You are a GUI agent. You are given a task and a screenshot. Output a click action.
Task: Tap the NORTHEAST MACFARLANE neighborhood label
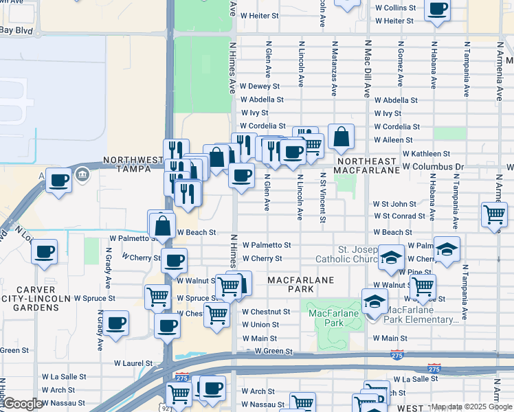tap(368, 165)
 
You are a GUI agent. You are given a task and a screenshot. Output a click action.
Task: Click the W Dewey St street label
tap(260, 87)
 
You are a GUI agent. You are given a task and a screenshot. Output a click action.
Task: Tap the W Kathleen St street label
tap(426, 154)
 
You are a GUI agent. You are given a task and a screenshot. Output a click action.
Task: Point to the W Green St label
tap(273, 351)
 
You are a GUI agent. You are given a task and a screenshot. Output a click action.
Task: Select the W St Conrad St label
tap(399, 216)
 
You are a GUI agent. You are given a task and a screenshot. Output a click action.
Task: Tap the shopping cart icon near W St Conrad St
tap(494, 214)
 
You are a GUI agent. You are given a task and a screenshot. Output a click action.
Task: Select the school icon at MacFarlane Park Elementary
tap(375, 301)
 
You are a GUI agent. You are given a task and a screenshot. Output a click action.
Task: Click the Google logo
tap(22, 404)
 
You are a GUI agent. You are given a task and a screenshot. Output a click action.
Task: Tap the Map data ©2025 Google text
tap(471, 407)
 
